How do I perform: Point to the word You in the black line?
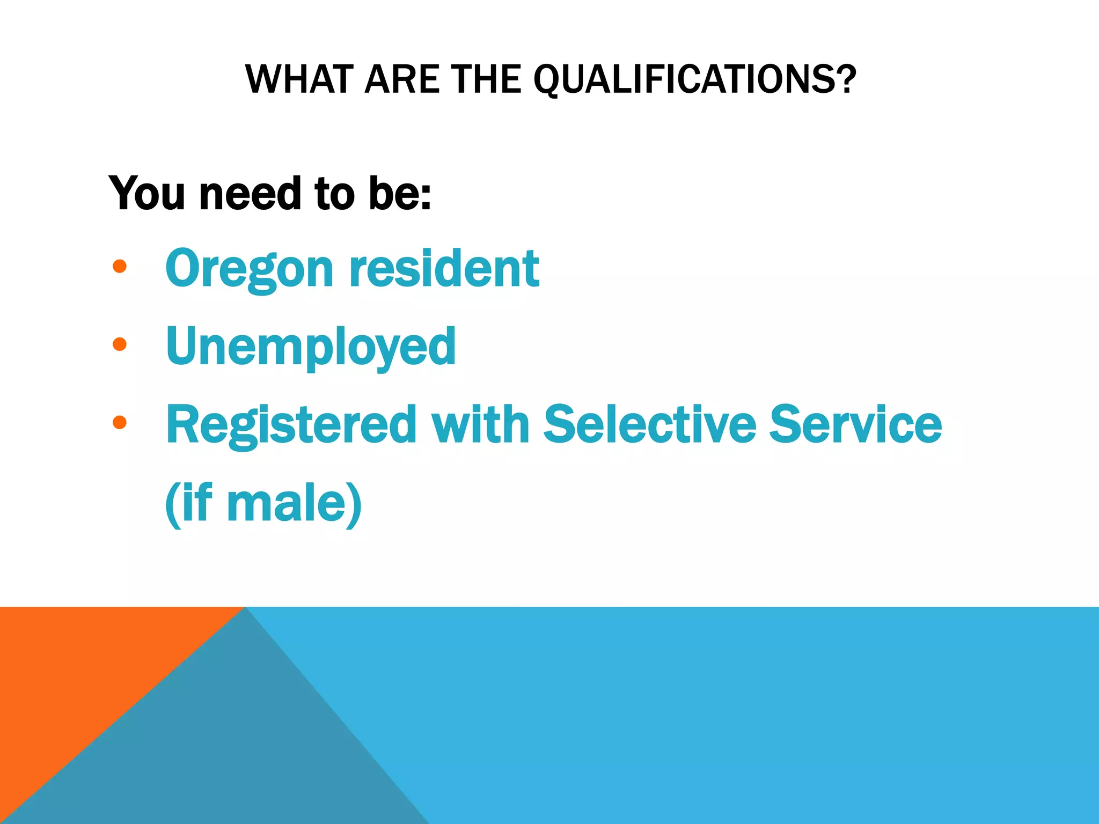click(146, 193)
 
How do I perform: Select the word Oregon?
click(250, 270)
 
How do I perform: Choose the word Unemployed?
click(311, 347)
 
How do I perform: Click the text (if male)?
click(263, 503)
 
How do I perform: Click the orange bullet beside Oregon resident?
click(120, 267)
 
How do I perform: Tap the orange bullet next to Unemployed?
click(120, 344)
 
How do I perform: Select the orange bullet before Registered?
click(120, 423)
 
